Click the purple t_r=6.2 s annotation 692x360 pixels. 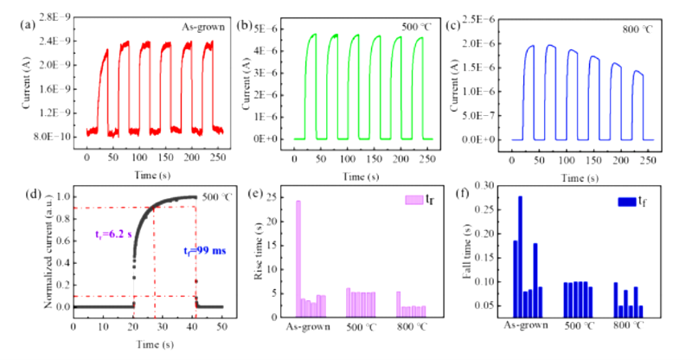tap(110, 233)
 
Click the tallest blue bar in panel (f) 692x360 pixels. tap(520, 257)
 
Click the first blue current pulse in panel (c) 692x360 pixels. tap(530, 87)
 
